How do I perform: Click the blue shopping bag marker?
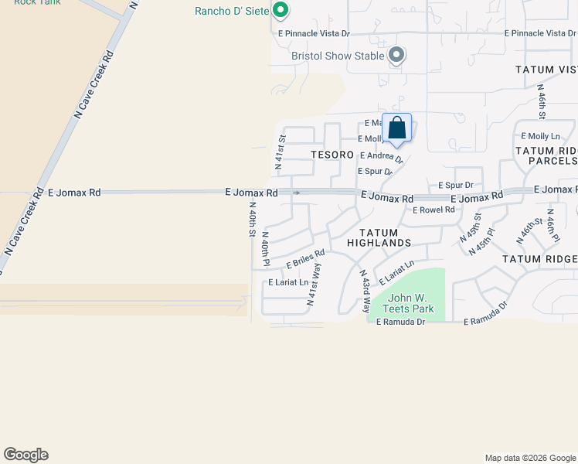click(396, 129)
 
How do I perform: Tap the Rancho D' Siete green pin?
click(281, 11)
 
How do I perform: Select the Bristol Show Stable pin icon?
click(396, 55)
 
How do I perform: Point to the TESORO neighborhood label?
click(332, 155)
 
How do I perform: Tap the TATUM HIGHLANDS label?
click(379, 237)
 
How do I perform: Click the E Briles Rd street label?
click(305, 259)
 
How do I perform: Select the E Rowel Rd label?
click(433, 210)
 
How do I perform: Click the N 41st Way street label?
click(314, 285)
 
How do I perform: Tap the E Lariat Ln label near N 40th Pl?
click(287, 282)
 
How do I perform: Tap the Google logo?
click(25, 455)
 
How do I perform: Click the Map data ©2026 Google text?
click(529, 458)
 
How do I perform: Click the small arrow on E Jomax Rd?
click(296, 193)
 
